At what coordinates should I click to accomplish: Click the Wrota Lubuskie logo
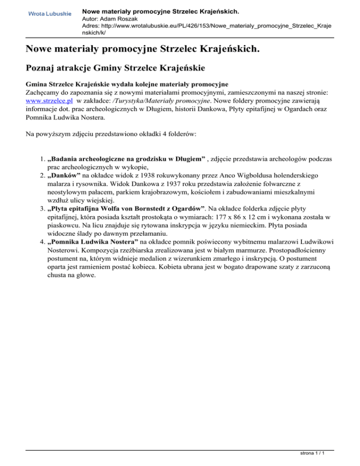pos(50,14)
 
